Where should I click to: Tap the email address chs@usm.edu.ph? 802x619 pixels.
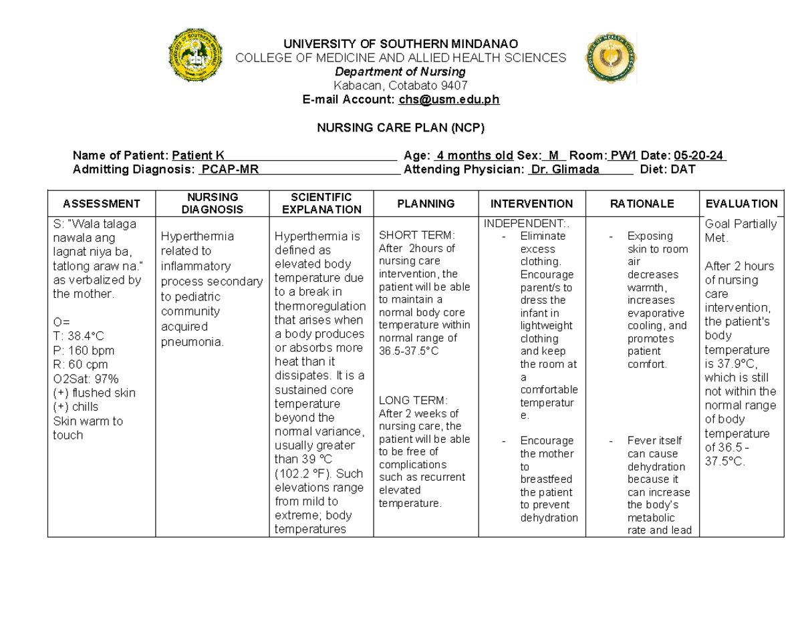449,99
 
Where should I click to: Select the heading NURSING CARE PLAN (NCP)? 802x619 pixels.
400,128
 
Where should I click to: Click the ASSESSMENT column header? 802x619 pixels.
101,204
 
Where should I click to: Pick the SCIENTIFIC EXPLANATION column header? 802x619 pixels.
321,203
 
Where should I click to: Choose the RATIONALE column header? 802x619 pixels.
641,204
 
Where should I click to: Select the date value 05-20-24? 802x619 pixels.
699,156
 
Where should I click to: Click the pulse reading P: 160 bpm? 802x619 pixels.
83,351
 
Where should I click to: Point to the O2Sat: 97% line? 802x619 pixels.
85,379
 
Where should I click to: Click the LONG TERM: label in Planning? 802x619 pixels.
413,401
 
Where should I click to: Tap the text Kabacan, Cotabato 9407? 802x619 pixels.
400,85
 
